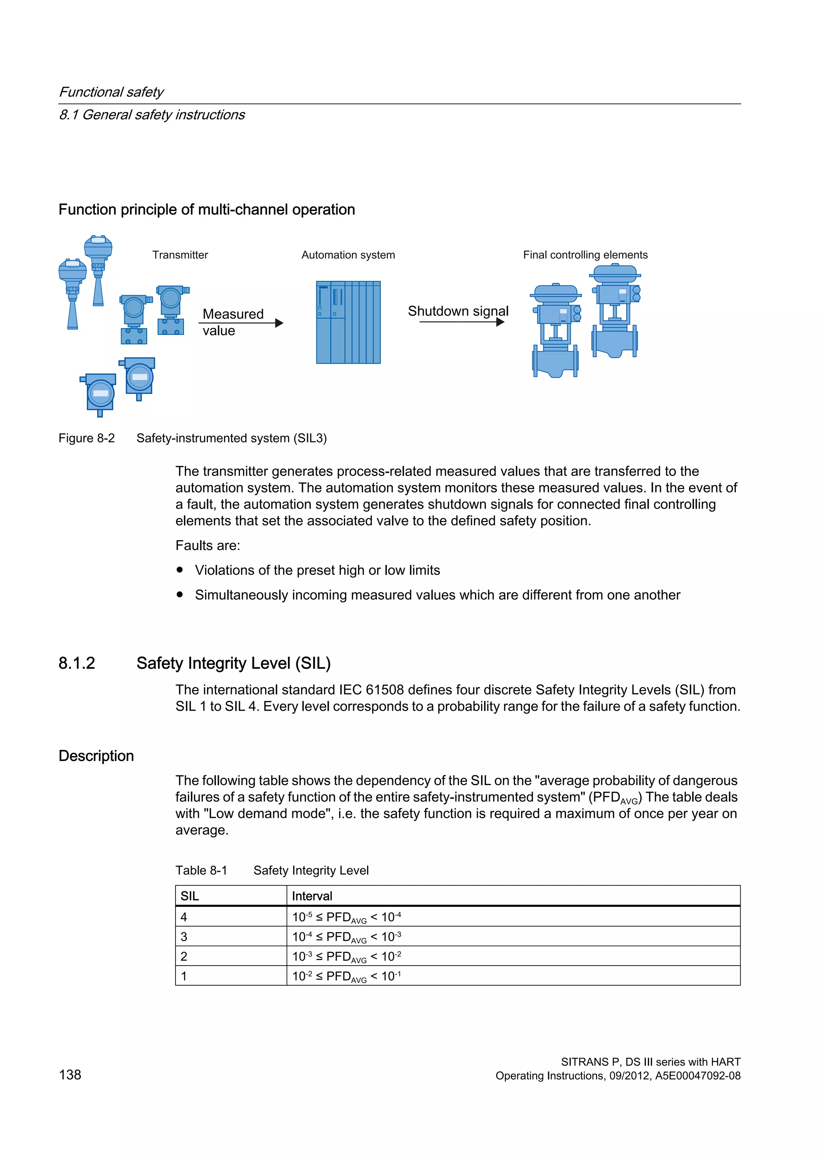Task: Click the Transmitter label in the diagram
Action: coord(180,255)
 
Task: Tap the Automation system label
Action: coord(348,255)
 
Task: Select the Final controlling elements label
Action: coord(585,255)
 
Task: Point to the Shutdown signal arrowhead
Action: coord(500,322)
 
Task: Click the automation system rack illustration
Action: coord(348,322)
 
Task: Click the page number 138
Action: coord(70,1075)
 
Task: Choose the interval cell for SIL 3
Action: coord(513,937)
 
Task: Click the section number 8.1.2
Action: coord(77,663)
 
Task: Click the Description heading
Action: coord(96,756)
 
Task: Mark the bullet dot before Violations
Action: coord(180,570)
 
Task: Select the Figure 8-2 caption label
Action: coord(87,438)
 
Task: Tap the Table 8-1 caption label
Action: coord(201,870)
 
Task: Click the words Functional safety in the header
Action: coord(112,92)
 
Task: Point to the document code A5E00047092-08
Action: coord(697,1076)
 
